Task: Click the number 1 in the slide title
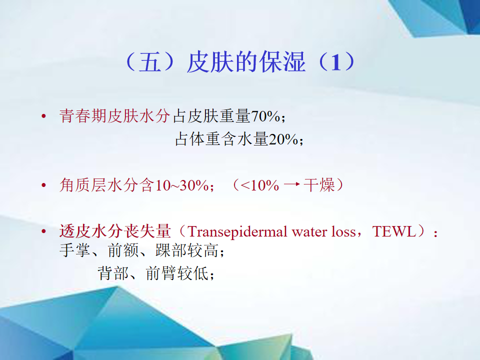click(336, 62)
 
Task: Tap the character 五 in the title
click(150, 62)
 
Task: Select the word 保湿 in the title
click(282, 62)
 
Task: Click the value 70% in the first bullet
click(265, 116)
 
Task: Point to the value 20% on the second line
click(283, 139)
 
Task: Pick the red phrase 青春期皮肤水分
click(114, 116)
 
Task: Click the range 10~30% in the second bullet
click(182, 185)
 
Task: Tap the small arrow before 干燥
click(291, 184)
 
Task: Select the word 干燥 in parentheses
click(319, 185)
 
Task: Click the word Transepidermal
click(237, 232)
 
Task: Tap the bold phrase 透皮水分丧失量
click(115, 231)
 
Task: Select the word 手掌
click(74, 250)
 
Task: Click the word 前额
click(123, 250)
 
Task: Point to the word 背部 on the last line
click(113, 273)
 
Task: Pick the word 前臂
click(161, 273)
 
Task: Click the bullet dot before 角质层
click(44, 185)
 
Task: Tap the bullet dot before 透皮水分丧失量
click(44, 231)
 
